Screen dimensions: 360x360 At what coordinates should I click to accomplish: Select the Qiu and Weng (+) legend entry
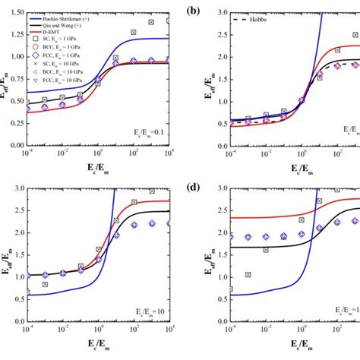pos(57,13)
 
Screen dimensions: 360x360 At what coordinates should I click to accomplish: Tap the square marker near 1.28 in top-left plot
pos(134,33)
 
